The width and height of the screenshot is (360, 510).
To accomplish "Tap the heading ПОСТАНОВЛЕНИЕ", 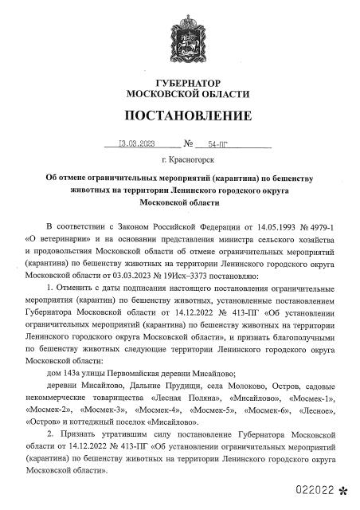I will coord(179,116).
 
